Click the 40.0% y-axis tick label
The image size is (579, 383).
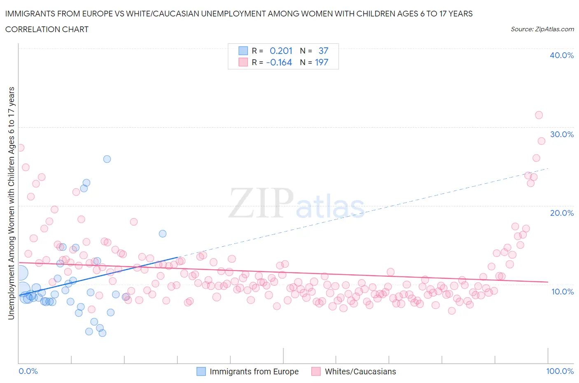(x=561, y=55)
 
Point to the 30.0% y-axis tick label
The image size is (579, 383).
(x=561, y=134)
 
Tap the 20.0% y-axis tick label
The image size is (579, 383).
(x=561, y=213)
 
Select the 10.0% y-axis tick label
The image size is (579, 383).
(x=561, y=292)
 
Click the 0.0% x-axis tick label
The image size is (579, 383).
(x=28, y=371)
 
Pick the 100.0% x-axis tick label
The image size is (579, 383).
(x=560, y=371)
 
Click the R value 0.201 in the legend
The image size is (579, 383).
(x=281, y=51)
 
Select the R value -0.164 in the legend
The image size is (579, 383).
(x=279, y=62)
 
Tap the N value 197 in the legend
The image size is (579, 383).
(x=322, y=62)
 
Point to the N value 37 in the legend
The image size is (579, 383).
(x=323, y=51)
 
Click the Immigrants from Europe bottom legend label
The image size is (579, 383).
(x=254, y=371)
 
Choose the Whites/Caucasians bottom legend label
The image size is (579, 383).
(x=360, y=371)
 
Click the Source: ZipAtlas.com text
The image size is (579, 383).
(x=542, y=29)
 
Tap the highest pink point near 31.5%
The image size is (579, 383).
(x=539, y=115)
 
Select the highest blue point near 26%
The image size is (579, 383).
(x=107, y=159)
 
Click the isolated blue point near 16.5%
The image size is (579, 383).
(x=163, y=234)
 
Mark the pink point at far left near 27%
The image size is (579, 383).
(x=20, y=147)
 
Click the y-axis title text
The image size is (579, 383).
(x=11, y=203)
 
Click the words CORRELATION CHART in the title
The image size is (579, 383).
(x=47, y=29)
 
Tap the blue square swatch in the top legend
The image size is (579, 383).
(x=243, y=51)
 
